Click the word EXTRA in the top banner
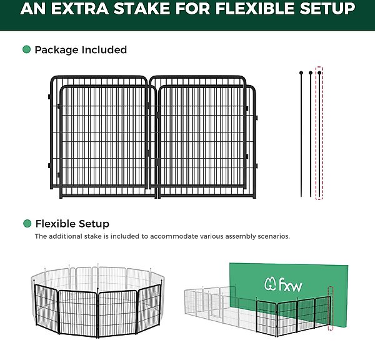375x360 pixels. click(79, 9)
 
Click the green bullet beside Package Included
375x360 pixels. click(26, 49)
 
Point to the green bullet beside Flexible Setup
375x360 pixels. click(27, 224)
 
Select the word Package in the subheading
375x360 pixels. click(57, 50)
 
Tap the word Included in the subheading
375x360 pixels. click(104, 50)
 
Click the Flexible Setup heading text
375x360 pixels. click(72, 224)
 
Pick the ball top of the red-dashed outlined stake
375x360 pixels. click(319, 72)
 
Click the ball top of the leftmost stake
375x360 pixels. click(301, 72)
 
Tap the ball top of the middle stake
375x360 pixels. click(311, 72)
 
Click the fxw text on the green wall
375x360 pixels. click(291, 284)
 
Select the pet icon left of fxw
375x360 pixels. click(271, 284)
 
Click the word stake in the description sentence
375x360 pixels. click(92, 236)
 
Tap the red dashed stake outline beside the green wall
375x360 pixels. click(331, 308)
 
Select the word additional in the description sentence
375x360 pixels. click(65, 236)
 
